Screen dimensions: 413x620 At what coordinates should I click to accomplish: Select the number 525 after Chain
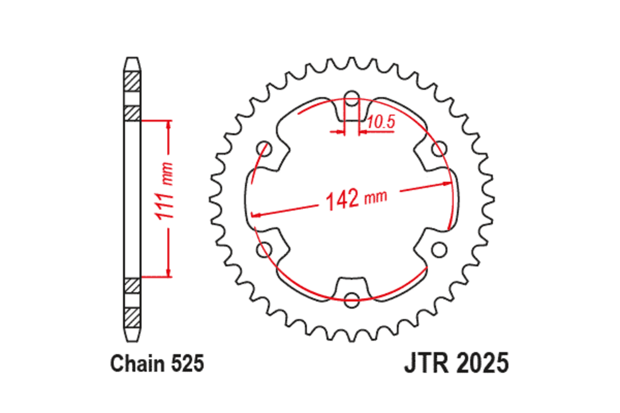[x=187, y=364]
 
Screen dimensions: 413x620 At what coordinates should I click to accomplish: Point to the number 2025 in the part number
[x=482, y=363]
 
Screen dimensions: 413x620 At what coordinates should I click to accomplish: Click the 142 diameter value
[x=342, y=199]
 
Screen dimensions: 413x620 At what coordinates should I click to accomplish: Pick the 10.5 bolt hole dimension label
[x=381, y=122]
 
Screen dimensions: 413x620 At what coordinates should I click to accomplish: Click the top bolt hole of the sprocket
[x=352, y=101]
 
